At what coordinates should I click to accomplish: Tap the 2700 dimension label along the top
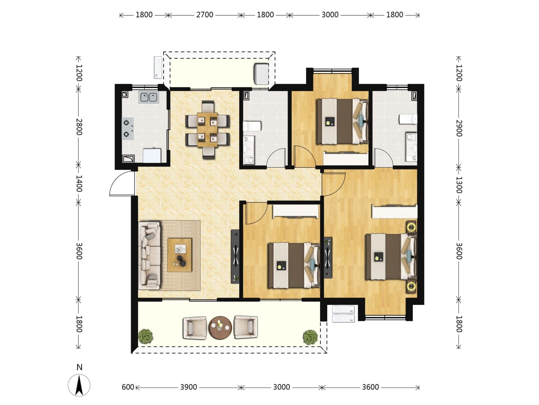(x=204, y=15)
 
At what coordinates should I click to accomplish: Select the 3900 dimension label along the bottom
(x=189, y=387)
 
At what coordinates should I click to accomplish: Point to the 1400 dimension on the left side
(x=79, y=183)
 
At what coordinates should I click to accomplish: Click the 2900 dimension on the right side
(x=459, y=128)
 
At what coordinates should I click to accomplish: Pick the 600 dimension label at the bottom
(x=128, y=387)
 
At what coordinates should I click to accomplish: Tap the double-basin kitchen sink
(x=149, y=97)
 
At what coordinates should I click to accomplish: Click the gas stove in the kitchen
(x=128, y=128)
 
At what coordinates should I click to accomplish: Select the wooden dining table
(x=207, y=130)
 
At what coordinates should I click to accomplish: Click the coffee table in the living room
(x=180, y=255)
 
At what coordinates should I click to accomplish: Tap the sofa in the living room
(x=149, y=256)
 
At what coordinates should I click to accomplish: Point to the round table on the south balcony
(x=220, y=328)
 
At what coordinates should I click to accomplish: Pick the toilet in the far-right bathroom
(x=408, y=119)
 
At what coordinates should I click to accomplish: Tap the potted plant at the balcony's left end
(x=146, y=336)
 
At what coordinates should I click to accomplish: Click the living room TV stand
(x=235, y=256)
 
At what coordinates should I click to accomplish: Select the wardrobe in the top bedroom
(x=345, y=159)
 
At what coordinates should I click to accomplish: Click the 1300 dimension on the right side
(x=459, y=185)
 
